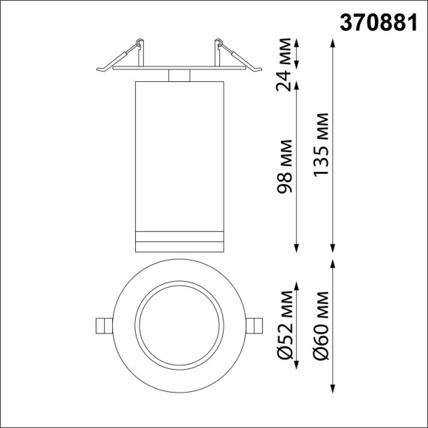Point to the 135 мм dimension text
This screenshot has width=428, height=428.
coord(322,145)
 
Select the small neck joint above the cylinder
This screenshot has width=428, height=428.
coord(179,75)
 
